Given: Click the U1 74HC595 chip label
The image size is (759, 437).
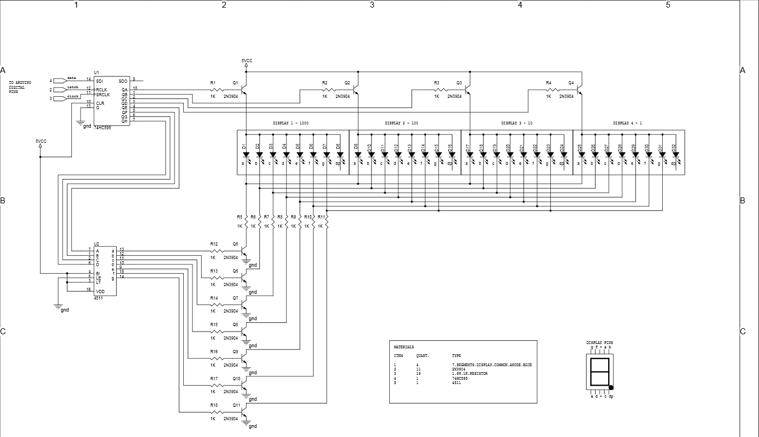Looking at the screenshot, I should (103, 128).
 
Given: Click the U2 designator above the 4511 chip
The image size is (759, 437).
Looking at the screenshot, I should (96, 244).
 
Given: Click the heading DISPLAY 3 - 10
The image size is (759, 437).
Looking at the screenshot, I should (516, 123).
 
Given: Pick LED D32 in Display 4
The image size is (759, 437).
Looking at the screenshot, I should (676, 155).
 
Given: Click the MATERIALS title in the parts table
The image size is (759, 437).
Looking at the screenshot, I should (403, 347).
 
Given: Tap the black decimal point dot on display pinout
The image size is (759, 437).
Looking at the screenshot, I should (611, 387).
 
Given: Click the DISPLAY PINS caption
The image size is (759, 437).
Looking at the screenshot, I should (600, 343).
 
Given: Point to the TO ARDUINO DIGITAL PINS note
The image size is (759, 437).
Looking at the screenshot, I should (20, 87).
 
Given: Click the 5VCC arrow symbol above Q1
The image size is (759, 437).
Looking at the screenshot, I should (246, 64).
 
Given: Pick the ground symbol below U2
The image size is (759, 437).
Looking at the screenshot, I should (58, 307).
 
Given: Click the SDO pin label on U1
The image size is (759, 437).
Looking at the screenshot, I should (123, 81).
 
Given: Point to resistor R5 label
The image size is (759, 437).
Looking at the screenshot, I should (239, 217).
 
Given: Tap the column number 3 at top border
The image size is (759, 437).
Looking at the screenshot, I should (372, 5).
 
